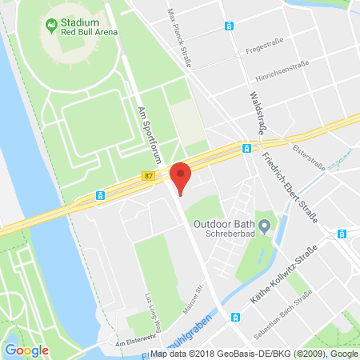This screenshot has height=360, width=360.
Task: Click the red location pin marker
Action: click(182, 177)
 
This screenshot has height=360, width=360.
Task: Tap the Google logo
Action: click(26, 350)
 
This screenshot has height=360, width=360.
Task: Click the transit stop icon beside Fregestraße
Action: click(230, 26)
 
